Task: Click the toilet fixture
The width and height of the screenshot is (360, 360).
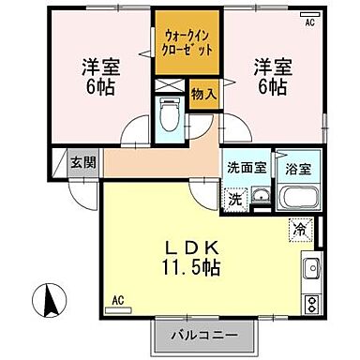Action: coord(170,119)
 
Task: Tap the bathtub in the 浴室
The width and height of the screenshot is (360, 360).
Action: coord(299,200)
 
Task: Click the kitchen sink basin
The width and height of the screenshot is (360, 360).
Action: coord(311,270)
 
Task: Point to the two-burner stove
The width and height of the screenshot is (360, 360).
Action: coord(311,303)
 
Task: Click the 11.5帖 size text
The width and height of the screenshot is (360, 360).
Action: coord(194,268)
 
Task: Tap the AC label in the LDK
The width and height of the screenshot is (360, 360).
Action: coord(118,300)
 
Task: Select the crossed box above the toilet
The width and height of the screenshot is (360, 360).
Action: coord(169,90)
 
